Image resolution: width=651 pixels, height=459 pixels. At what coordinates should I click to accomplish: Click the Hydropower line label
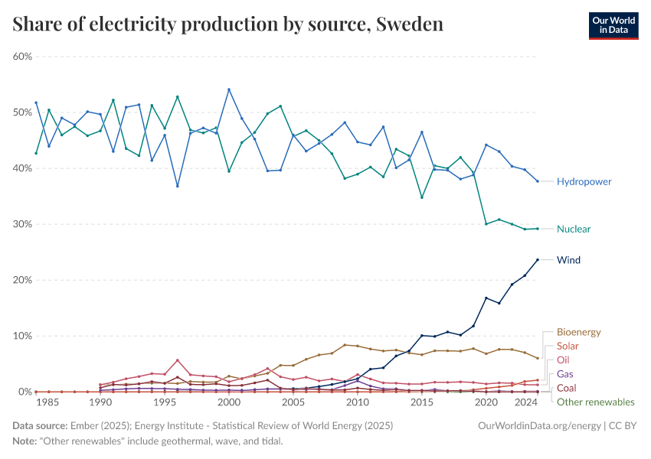[584, 181]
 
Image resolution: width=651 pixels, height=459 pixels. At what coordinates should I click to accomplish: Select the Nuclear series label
[574, 229]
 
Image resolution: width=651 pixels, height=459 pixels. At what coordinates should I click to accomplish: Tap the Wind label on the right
[568, 260]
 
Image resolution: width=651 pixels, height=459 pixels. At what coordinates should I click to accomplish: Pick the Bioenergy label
[578, 332]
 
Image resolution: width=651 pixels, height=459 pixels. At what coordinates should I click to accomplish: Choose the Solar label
[568, 346]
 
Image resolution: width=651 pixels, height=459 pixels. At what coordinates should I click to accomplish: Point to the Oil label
[563, 360]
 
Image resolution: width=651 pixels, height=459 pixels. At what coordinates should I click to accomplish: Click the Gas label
[564, 373]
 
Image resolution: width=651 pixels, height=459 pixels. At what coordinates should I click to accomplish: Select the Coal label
[567, 388]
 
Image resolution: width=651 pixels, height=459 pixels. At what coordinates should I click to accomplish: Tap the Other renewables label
[595, 402]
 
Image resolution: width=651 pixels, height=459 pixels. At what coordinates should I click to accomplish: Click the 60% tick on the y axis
[22, 57]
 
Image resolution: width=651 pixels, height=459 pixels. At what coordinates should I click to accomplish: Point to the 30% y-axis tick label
[22, 224]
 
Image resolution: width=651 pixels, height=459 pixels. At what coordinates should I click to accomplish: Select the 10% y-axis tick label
[22, 336]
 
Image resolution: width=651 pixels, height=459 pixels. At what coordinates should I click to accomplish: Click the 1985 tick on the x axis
[49, 402]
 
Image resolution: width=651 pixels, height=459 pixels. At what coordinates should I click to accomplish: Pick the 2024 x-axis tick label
[525, 402]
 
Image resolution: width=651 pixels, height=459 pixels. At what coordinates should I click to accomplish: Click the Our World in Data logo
[613, 25]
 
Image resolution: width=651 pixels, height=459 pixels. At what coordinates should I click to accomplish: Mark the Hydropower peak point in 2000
[229, 90]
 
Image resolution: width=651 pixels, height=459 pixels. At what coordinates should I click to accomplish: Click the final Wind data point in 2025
[538, 259]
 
